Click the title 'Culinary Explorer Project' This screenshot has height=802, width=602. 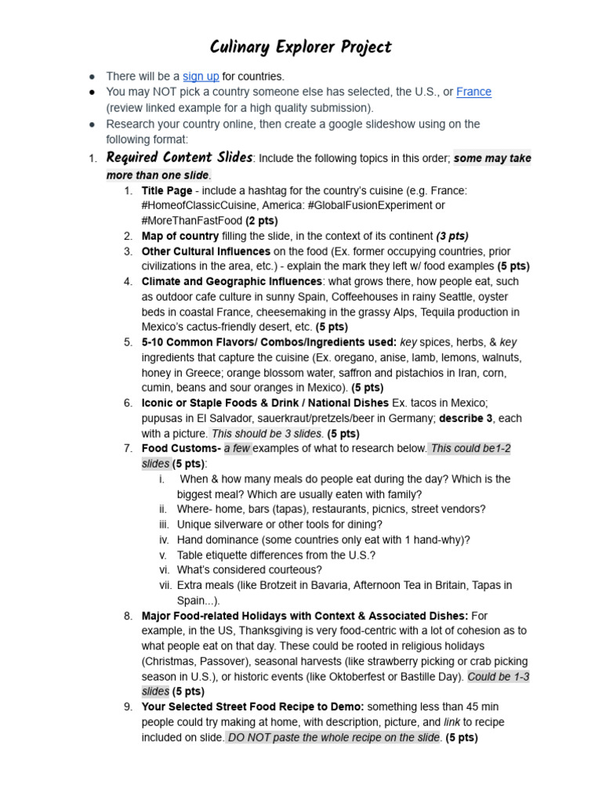[x=301, y=47]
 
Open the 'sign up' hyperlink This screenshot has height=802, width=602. [x=201, y=77]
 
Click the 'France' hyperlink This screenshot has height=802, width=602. [x=473, y=92]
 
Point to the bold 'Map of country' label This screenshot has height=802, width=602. [x=180, y=236]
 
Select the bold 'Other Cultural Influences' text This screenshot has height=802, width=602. [x=205, y=251]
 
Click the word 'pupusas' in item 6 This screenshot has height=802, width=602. [x=162, y=418]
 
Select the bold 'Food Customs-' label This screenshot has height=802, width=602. [x=181, y=449]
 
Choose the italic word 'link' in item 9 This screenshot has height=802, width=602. [x=452, y=722]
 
